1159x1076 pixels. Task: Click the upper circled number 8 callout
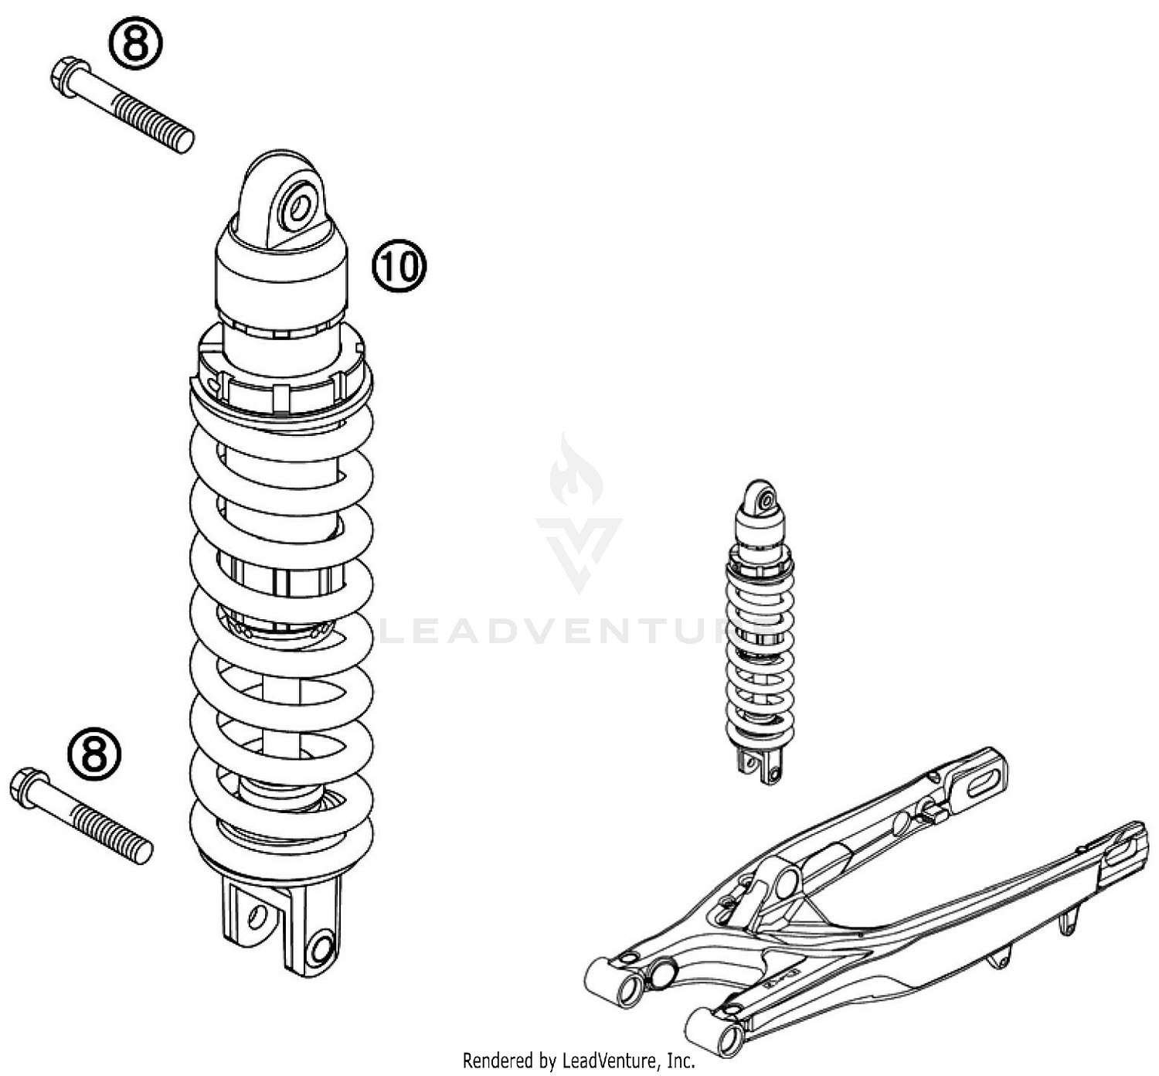pyautogui.click(x=135, y=44)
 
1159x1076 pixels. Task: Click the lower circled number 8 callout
pyautogui.click(x=94, y=753)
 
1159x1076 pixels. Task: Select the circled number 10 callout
pyautogui.click(x=399, y=266)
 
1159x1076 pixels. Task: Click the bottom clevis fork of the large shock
pyautogui.click(x=282, y=924)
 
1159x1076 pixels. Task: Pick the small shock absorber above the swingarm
pyautogui.click(x=760, y=630)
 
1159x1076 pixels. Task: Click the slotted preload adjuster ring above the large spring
pyautogui.click(x=282, y=375)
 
